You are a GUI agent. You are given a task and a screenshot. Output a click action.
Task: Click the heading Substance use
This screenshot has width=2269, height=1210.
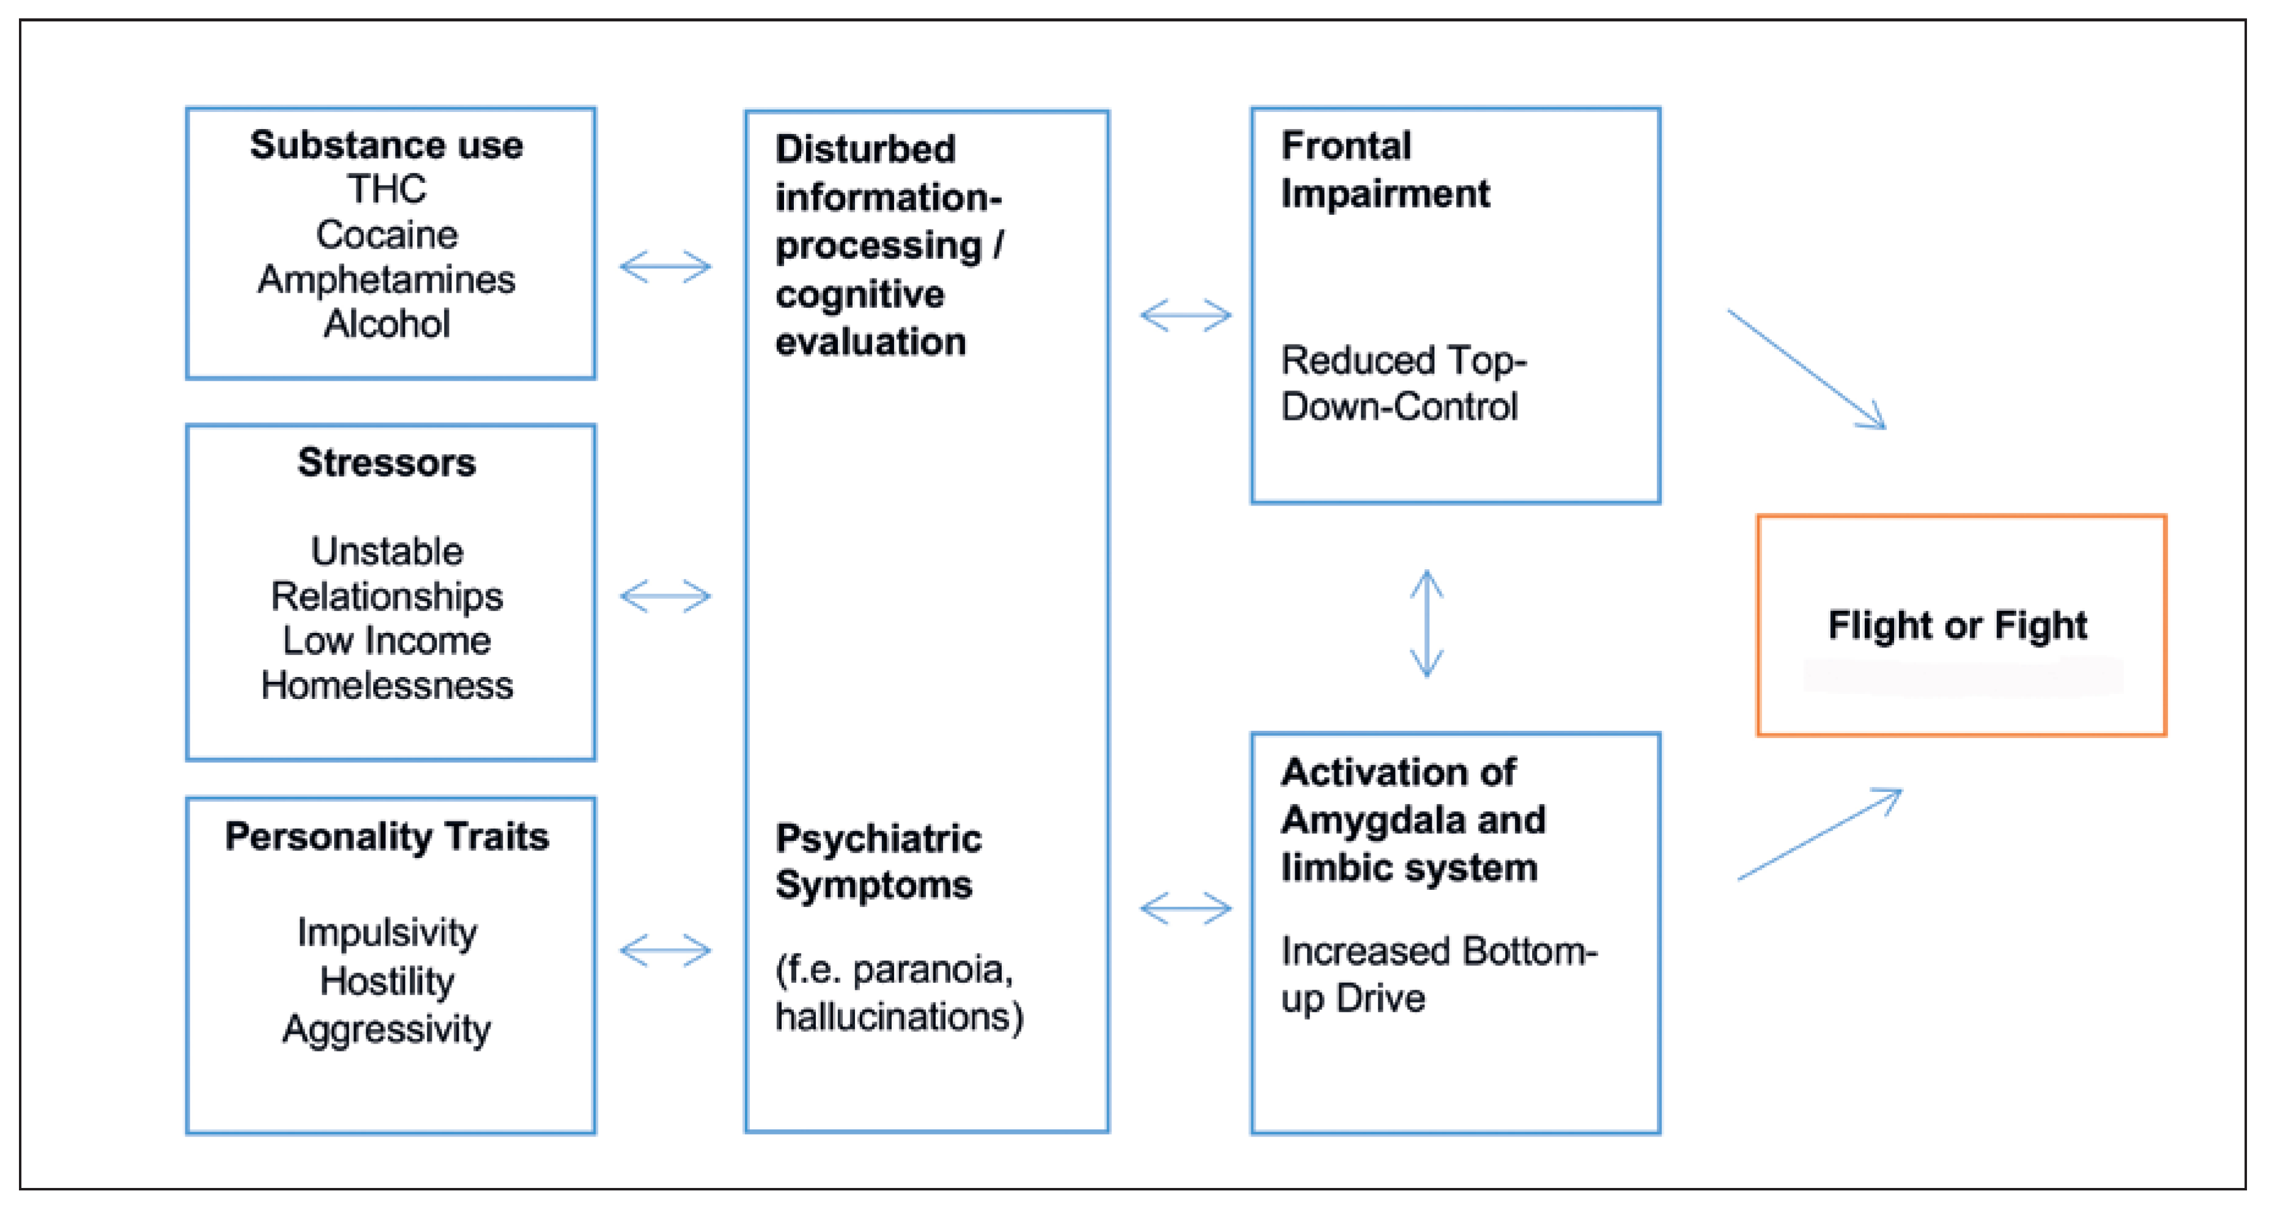(386, 144)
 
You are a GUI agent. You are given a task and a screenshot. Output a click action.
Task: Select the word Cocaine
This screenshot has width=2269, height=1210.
(387, 234)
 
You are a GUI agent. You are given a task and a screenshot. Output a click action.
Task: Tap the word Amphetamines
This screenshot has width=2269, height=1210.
(386, 279)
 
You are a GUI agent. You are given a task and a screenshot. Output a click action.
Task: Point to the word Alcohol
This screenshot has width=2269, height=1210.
(387, 323)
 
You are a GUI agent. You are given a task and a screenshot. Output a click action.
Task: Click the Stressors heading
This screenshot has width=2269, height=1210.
(387, 462)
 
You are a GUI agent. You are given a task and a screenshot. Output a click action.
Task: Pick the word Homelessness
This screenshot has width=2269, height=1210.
(387, 685)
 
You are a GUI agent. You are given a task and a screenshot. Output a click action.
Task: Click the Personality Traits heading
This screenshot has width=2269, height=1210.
(387, 835)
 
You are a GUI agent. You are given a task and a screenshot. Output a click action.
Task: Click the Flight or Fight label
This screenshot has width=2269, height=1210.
(1957, 625)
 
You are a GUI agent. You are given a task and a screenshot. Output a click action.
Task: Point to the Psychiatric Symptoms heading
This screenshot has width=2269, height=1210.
(878, 861)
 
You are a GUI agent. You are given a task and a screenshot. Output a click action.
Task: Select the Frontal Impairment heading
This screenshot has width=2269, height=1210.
(1385, 169)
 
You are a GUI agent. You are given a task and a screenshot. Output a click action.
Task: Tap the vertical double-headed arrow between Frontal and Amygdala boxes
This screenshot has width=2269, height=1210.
(1427, 623)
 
